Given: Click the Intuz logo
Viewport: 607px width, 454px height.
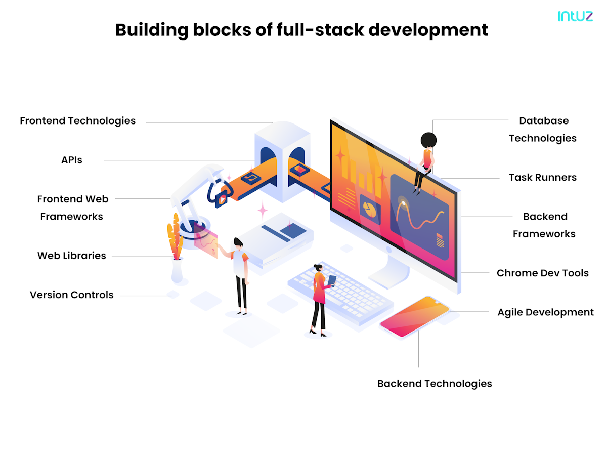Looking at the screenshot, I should coord(575,16).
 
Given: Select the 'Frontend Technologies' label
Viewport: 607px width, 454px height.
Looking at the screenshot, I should coord(78,121).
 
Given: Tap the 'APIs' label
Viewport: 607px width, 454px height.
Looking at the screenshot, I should coord(71,160).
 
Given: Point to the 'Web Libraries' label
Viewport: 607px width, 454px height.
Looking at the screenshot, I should coord(72,256).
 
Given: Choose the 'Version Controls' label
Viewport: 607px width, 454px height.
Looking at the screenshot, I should coord(72,295).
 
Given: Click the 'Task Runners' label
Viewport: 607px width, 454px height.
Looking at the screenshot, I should coord(542,177).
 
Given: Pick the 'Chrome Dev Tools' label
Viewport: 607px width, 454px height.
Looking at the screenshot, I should coord(542,273).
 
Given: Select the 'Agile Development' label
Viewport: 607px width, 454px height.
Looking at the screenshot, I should coord(545,312).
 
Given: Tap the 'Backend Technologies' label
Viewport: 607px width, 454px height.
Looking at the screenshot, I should coord(435,383).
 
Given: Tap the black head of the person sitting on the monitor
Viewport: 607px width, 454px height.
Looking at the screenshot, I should coord(428,139).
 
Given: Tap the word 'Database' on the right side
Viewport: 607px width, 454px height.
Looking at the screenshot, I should coord(544,121).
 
